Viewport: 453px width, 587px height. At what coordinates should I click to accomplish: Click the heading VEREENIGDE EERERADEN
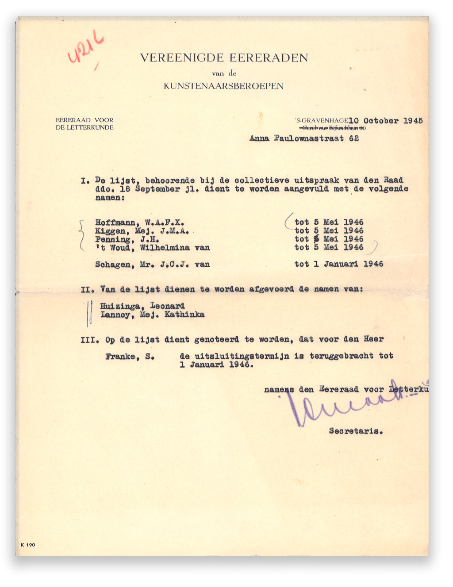(224, 58)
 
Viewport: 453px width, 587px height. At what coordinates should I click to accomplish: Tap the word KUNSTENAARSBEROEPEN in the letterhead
(223, 86)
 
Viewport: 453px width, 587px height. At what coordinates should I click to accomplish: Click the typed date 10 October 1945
(385, 121)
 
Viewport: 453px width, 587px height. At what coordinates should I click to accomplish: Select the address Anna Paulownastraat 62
(304, 138)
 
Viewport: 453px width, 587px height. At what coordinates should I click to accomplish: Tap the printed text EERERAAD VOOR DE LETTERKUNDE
(84, 124)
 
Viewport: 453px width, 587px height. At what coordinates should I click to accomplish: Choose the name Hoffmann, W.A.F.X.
(140, 223)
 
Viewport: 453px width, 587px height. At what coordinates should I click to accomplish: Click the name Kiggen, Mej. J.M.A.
(142, 231)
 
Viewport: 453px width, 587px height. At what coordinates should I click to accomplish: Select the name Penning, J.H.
(127, 239)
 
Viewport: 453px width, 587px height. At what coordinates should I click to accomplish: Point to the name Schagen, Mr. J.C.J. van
(152, 265)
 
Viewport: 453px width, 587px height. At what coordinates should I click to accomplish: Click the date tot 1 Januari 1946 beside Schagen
(339, 264)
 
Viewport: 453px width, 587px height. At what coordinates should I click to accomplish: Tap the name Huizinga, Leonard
(142, 306)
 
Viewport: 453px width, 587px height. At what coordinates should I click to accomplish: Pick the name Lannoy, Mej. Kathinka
(152, 315)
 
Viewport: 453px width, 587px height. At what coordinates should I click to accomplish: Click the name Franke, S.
(130, 357)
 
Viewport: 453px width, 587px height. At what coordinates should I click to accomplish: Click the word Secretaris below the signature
(356, 431)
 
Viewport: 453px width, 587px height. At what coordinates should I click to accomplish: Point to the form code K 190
(28, 545)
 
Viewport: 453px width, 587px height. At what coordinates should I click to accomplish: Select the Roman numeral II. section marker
(88, 290)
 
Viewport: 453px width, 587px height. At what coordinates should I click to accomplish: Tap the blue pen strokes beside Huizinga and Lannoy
(89, 313)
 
